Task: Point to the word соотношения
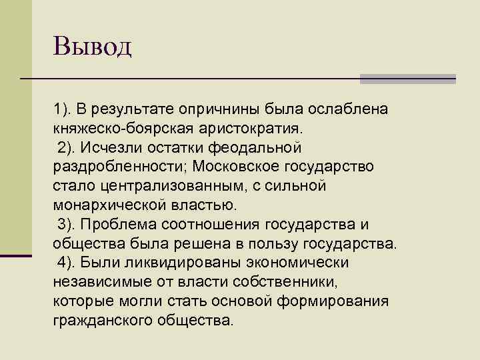coord(219,223)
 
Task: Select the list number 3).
coord(66,223)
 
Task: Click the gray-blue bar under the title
coord(408,79)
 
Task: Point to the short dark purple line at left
coord(16,255)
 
